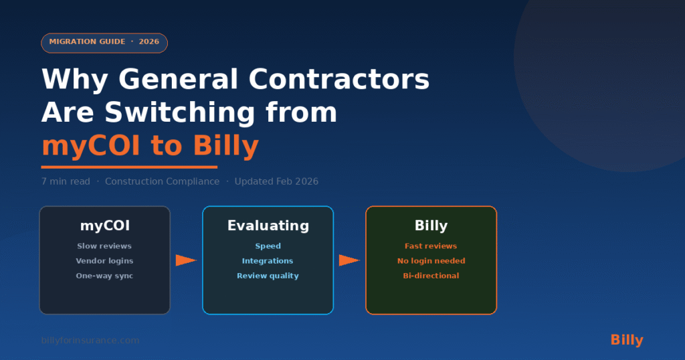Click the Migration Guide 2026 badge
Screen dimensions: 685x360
[104, 43]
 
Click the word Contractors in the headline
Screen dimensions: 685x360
[339, 79]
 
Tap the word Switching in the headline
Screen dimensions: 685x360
[179, 113]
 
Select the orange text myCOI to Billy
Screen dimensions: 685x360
[150, 146]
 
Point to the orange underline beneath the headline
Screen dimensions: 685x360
[129, 167]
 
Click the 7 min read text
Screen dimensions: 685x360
[66, 181]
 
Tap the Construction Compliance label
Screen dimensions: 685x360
[162, 181]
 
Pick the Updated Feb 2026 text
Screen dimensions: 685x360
[276, 181]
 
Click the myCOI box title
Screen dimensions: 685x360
[105, 226]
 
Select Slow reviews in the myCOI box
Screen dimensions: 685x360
[104, 246]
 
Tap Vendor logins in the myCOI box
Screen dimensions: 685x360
[104, 261]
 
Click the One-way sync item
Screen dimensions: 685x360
[104, 276]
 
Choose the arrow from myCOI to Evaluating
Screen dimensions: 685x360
[186, 260]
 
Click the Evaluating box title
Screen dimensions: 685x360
[268, 226]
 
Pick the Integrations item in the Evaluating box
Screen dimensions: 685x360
[268, 261]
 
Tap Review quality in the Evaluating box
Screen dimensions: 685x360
[268, 276]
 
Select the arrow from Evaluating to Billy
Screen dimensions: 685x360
[349, 260]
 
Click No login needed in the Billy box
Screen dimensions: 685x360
[431, 261]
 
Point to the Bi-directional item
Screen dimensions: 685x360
[431, 276]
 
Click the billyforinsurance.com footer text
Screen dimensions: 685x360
[90, 341]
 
